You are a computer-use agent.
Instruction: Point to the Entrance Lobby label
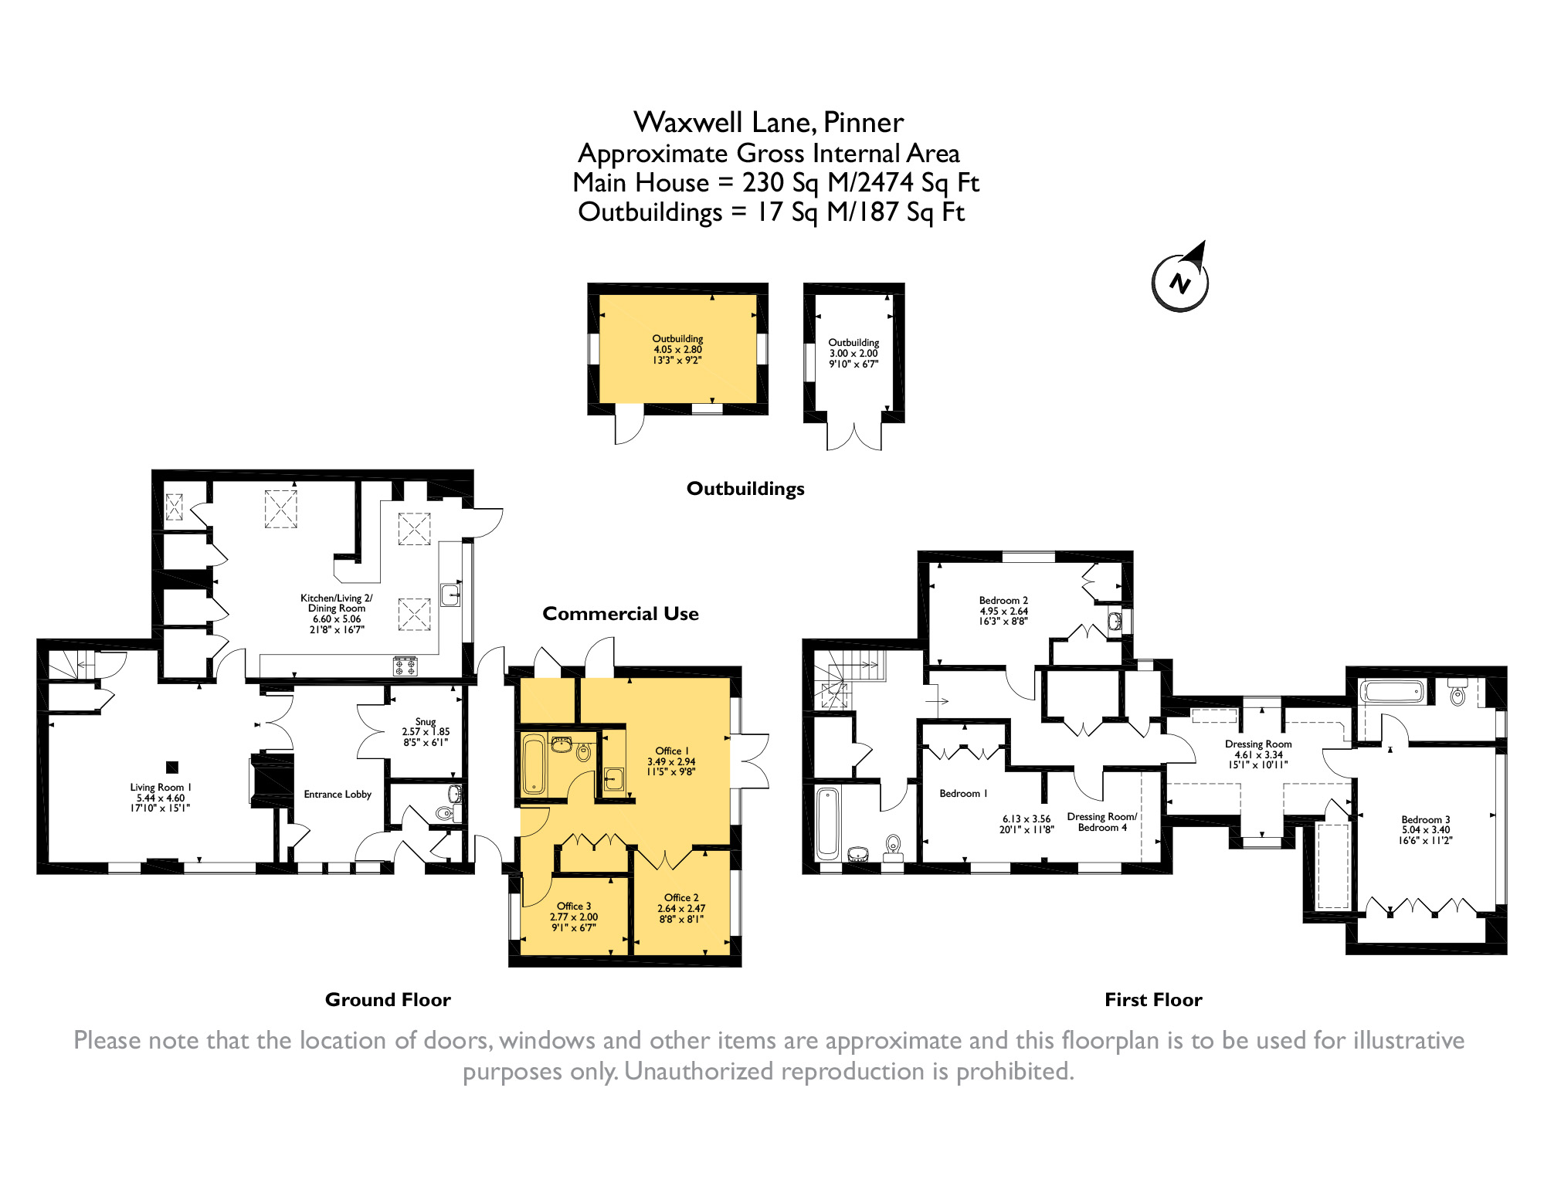(338, 795)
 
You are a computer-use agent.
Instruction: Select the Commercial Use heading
(620, 614)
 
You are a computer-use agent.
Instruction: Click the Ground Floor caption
(388, 1000)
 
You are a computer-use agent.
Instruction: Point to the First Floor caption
(1153, 1000)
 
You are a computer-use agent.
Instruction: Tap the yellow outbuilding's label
(677, 349)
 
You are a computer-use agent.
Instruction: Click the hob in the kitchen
(406, 666)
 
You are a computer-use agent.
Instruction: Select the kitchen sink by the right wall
(450, 595)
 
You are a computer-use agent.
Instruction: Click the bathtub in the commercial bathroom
(534, 765)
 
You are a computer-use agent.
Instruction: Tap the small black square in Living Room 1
(172, 767)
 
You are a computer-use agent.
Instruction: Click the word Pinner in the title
(864, 123)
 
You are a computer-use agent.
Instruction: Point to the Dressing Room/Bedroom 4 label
(1102, 822)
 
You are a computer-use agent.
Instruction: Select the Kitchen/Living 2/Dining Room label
(337, 614)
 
